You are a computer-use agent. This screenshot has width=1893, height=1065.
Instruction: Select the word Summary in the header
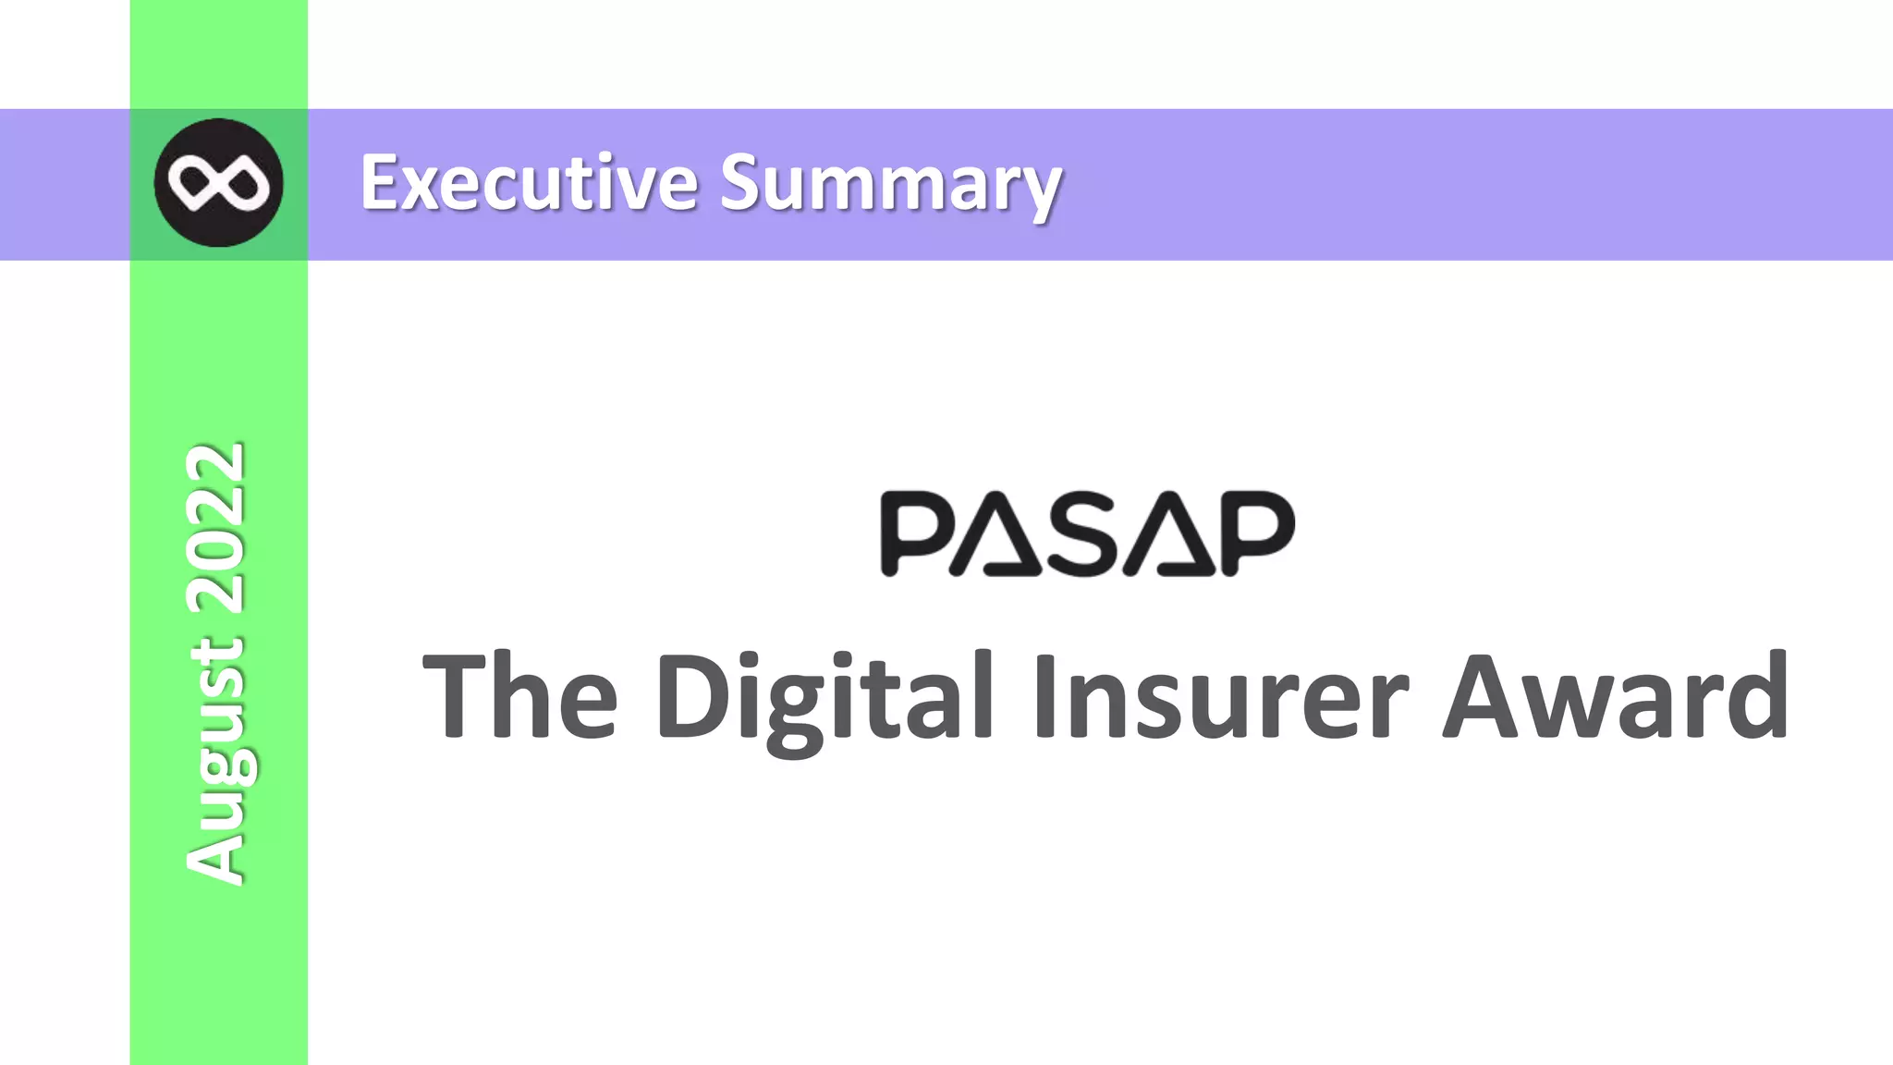pos(891,185)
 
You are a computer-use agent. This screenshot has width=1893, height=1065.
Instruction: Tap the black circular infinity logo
pos(218,183)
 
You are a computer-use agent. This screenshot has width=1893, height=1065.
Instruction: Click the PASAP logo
pos(1087,533)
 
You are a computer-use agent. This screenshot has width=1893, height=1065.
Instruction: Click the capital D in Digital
pos(693,695)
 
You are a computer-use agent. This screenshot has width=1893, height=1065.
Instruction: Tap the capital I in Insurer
pos(1045,695)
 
